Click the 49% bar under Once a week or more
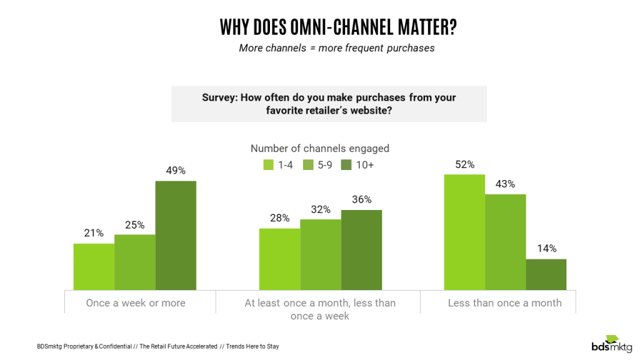tap(176, 236)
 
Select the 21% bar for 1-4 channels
tap(94, 267)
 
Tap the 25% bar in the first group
tap(134, 262)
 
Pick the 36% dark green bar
tap(361, 250)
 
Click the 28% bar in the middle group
tap(279, 259)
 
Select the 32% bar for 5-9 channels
tap(320, 255)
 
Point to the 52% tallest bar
tap(464, 232)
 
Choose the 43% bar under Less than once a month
tap(505, 242)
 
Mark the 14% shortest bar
tap(546, 274)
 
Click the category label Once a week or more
tap(136, 303)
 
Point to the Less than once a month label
tap(504, 303)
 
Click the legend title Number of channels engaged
tap(319, 148)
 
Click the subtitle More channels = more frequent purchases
tap(336, 48)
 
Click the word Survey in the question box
tap(219, 97)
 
